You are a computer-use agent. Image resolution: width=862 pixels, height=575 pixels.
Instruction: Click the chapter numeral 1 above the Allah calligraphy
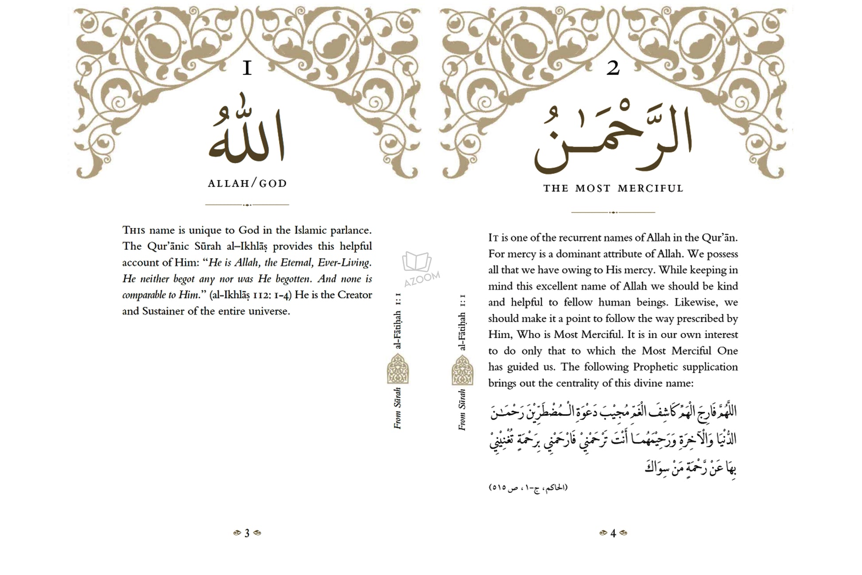pos(247,69)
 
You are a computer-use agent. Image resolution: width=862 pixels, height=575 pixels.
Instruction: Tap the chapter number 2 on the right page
pos(613,68)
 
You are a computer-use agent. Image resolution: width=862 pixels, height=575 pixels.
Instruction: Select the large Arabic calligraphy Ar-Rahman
pos(613,138)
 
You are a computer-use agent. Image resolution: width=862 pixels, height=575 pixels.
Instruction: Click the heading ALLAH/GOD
pos(247,184)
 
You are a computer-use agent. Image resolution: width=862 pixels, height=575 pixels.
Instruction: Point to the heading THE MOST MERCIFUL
pos(613,188)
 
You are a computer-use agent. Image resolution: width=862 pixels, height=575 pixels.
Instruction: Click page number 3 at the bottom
pos(247,533)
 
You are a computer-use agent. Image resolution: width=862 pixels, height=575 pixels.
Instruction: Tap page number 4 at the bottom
pos(613,533)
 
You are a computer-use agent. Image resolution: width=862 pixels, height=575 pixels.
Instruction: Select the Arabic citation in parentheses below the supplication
pos(528,488)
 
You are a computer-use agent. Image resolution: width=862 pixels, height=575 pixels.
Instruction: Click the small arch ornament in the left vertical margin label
pos(398,369)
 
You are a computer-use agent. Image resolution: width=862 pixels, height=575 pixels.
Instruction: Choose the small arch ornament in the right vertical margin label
pos(462,370)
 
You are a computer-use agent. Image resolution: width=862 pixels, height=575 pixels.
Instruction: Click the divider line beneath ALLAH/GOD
pos(247,205)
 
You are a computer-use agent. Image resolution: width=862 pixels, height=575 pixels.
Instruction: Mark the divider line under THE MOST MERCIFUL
pos(613,212)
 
